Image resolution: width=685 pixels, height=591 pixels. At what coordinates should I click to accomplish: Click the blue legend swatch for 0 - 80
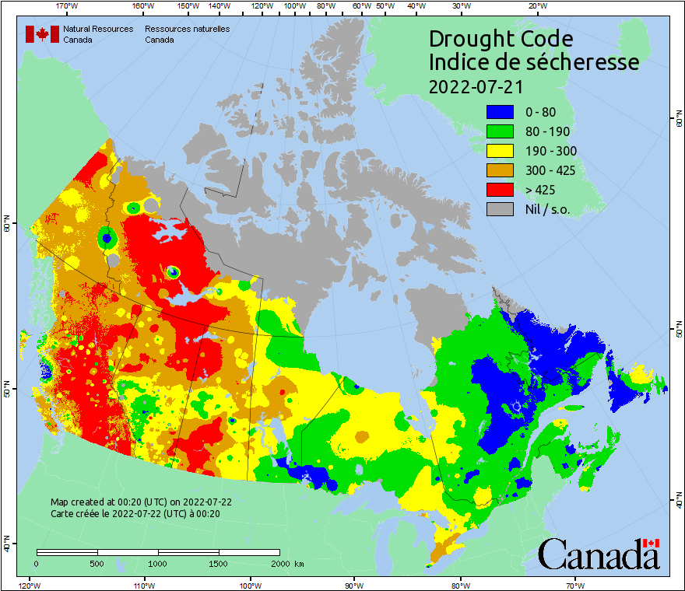click(x=501, y=112)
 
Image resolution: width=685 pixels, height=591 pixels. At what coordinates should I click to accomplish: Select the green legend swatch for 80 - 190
click(x=501, y=131)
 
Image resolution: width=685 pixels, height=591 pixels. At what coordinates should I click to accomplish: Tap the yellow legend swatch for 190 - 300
click(x=501, y=151)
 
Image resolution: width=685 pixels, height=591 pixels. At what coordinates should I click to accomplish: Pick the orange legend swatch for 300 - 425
click(x=501, y=170)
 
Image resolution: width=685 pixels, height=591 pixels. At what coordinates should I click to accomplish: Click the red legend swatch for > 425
click(x=501, y=190)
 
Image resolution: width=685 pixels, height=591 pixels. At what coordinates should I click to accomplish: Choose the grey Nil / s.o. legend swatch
click(x=501, y=209)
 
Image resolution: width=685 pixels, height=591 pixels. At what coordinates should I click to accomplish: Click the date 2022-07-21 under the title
click(x=476, y=86)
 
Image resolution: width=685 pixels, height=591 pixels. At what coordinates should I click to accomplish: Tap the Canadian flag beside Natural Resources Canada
click(x=42, y=34)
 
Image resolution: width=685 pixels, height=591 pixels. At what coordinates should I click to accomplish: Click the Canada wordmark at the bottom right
click(x=599, y=554)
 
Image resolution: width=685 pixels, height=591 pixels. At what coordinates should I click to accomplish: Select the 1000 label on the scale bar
click(x=158, y=563)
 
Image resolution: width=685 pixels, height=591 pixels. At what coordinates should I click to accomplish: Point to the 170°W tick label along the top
click(x=68, y=6)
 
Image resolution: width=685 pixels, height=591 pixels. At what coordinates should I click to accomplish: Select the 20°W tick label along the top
click(x=536, y=6)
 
